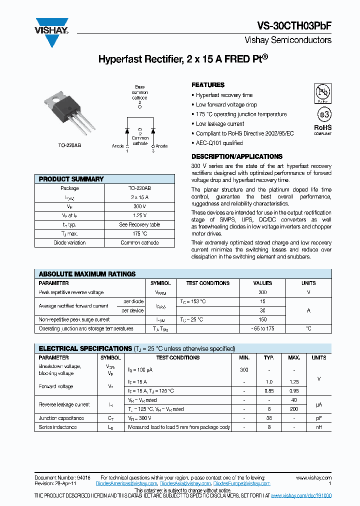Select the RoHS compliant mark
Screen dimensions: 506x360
322,130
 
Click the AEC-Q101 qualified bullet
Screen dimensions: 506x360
219,143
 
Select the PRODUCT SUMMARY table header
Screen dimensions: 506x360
71,179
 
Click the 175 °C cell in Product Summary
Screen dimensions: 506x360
140,233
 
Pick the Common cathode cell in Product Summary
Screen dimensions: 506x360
140,242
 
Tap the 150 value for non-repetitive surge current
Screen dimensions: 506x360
262,319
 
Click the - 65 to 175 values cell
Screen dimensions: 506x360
262,328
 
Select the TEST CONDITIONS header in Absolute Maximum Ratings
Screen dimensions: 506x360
207,283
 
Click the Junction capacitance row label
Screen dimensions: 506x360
61,418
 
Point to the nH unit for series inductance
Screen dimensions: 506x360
318,427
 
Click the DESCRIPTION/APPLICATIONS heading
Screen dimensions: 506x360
237,156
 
